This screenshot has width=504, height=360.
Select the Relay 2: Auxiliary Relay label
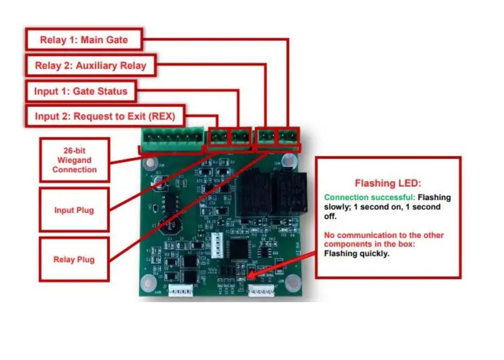click(x=90, y=66)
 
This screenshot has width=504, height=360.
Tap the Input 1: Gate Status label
click(x=80, y=91)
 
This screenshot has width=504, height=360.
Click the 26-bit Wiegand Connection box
click(x=75, y=160)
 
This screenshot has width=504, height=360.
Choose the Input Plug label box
click(x=74, y=210)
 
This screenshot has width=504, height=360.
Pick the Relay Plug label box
click(x=74, y=259)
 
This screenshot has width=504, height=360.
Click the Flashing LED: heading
click(x=387, y=183)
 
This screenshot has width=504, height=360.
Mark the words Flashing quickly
click(x=356, y=253)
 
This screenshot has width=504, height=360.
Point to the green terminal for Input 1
click(x=239, y=137)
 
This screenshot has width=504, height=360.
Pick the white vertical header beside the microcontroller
click(x=217, y=246)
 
